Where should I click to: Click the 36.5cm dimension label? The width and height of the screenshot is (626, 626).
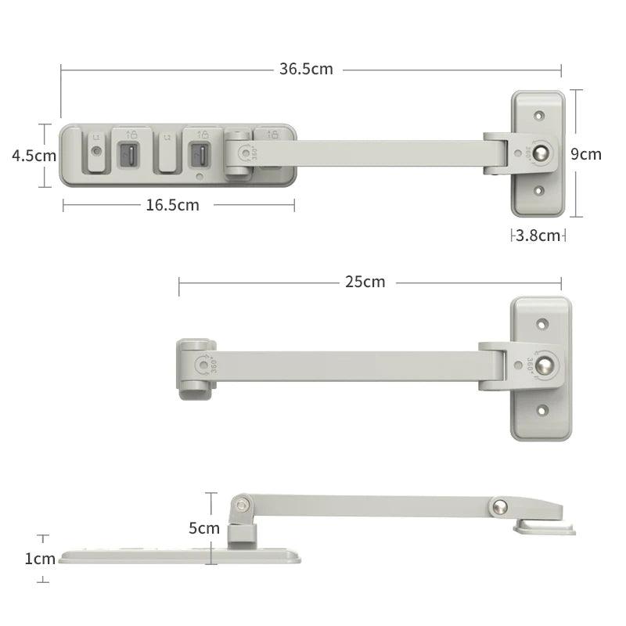(306, 69)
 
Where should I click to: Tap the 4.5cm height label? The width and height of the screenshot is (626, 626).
(34, 155)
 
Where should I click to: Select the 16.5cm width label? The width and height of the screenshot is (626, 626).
(172, 205)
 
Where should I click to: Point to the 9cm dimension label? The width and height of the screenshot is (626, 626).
(586, 153)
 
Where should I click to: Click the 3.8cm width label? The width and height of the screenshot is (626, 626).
(538, 235)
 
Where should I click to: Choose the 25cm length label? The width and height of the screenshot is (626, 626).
(365, 282)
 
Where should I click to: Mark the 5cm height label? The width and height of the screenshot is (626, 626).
(204, 527)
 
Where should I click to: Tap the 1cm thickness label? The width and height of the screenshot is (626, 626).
(39, 559)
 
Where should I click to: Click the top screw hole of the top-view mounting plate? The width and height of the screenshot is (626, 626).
(538, 116)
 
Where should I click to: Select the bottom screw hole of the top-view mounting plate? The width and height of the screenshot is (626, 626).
(538, 190)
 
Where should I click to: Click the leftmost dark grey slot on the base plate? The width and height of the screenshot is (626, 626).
(128, 154)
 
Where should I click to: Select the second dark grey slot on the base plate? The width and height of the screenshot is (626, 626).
(200, 154)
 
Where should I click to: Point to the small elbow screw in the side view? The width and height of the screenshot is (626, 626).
(245, 502)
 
